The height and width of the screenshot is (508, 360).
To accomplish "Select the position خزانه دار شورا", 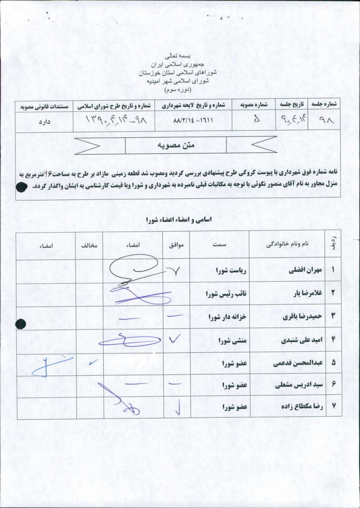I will [228, 317].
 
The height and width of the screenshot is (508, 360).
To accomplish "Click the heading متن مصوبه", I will [176, 145].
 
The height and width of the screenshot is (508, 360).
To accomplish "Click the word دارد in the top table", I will [45, 121].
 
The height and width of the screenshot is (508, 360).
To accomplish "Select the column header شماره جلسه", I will [324, 105].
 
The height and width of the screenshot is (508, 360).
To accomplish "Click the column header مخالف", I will [89, 245].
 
